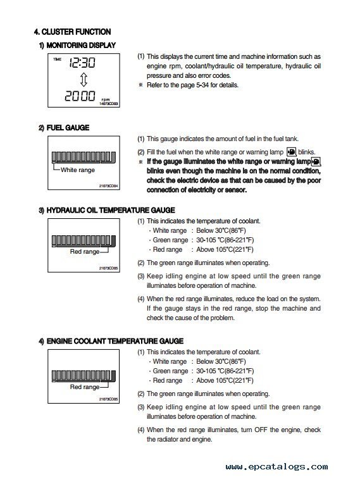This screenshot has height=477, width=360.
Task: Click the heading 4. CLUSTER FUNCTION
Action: pyautogui.click(x=72, y=32)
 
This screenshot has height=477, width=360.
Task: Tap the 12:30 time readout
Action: pyautogui.click(x=82, y=63)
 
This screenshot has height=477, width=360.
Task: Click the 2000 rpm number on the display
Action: pyautogui.click(x=80, y=96)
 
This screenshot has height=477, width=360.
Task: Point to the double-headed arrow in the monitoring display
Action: pyautogui.click(x=84, y=80)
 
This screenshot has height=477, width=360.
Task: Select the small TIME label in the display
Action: pyautogui.click(x=57, y=59)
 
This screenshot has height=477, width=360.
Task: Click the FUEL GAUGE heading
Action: pyautogui.click(x=64, y=128)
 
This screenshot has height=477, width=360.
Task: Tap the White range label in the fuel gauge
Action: pyautogui.click(x=78, y=170)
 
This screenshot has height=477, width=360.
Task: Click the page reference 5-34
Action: pyautogui.click(x=202, y=85)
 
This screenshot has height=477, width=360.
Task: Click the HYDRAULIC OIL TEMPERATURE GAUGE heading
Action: pyautogui.click(x=107, y=210)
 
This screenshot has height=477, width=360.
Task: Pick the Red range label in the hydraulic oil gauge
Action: pyautogui.click(x=85, y=252)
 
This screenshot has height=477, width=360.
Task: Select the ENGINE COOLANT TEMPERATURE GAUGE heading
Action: pyautogui.click(x=111, y=341)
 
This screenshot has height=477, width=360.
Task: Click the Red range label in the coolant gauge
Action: pyautogui.click(x=85, y=387)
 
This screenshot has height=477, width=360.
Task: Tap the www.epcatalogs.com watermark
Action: pyautogui.click(x=276, y=466)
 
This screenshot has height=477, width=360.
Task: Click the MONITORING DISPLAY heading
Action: pyautogui.click(x=77, y=46)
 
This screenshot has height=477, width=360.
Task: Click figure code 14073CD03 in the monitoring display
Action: pyautogui.click(x=109, y=104)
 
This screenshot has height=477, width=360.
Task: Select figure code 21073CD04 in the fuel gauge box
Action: pyautogui.click(x=109, y=186)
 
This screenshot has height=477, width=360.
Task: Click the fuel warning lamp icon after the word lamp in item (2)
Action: pyautogui.click(x=292, y=152)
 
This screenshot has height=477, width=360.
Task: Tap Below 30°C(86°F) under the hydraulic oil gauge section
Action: pyautogui.click(x=221, y=230)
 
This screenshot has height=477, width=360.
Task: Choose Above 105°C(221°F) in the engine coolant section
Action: pyautogui.click(x=225, y=381)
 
